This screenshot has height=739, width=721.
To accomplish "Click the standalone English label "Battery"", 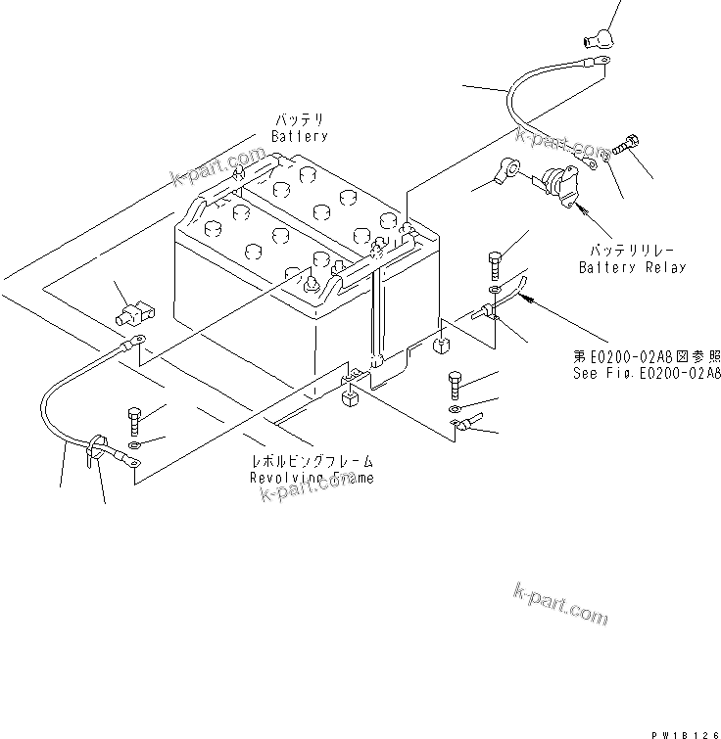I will (x=299, y=136).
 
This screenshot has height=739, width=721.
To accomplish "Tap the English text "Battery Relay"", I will (x=631, y=267).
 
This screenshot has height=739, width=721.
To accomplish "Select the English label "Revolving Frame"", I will (x=311, y=477).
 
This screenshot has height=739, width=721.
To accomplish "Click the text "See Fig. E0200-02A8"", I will (x=647, y=373).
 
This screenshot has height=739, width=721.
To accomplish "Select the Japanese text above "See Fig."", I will (x=647, y=357).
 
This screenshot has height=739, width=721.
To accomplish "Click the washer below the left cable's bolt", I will (x=134, y=446).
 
